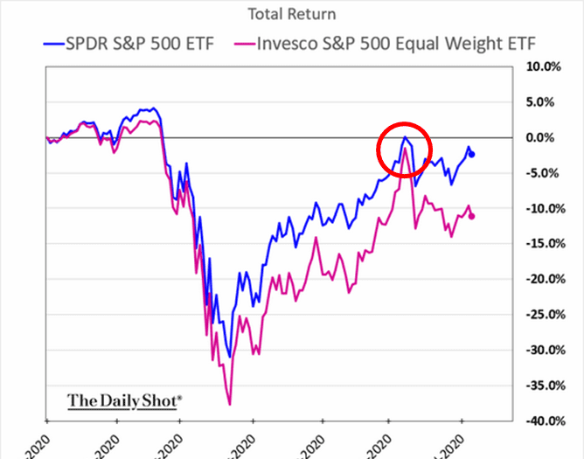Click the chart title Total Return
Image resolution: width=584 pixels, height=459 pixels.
[x=291, y=14]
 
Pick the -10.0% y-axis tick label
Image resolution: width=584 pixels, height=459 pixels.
[x=543, y=208]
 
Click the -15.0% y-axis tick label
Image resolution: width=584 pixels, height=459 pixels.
[x=543, y=244]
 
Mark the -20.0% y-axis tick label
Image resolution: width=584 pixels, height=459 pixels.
[x=543, y=279]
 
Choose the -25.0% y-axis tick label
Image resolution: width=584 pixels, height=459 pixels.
[x=543, y=315]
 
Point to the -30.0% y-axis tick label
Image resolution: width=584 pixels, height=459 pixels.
[x=543, y=350]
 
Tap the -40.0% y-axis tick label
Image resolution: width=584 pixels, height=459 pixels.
[x=543, y=421]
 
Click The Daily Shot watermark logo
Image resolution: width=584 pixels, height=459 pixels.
[x=125, y=400]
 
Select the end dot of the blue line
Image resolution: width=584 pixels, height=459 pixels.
[x=473, y=155]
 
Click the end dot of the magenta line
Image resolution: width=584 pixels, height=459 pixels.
[x=473, y=216]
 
